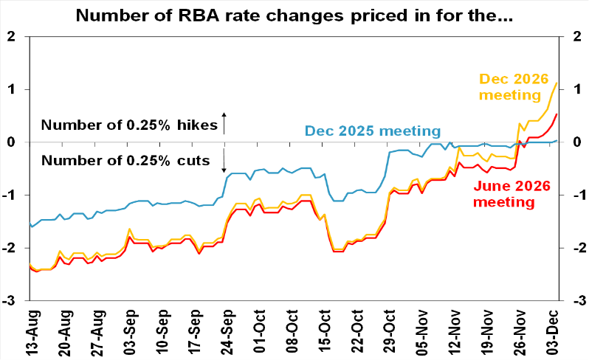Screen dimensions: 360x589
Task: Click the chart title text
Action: [294, 14]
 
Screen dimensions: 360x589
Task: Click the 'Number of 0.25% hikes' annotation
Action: [130, 125]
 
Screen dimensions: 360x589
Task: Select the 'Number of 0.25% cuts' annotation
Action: [125, 161]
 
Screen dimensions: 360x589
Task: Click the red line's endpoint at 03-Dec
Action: [557, 114]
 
